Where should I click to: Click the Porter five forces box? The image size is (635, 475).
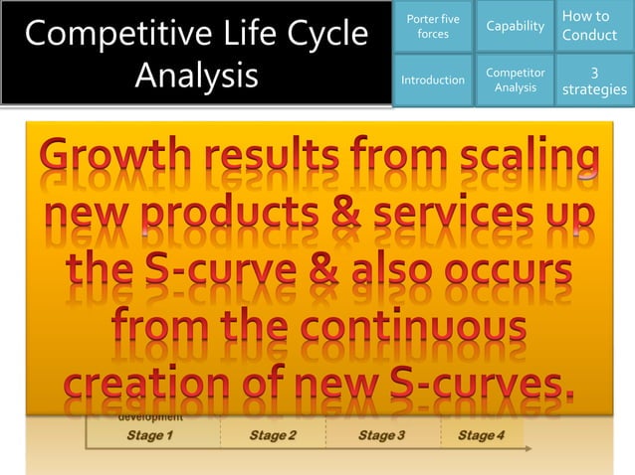(x=432, y=27)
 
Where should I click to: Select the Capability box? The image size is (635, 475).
(x=515, y=27)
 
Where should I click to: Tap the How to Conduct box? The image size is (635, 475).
(x=594, y=26)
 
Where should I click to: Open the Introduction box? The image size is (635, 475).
(x=432, y=79)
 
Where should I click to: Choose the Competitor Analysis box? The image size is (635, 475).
(x=515, y=79)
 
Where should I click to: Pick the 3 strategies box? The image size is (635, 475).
(x=594, y=80)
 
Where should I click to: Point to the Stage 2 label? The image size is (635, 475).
(x=272, y=435)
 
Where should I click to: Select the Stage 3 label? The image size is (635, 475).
(x=381, y=435)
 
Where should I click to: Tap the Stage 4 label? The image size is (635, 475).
(x=481, y=435)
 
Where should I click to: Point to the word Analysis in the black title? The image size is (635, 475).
(x=196, y=76)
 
